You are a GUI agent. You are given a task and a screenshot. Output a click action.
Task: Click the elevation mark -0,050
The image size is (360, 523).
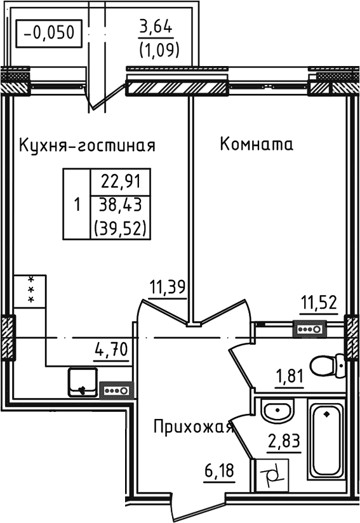click(x=49, y=30)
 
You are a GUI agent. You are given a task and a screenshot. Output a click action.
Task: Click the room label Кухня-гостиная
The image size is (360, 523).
click(x=87, y=145)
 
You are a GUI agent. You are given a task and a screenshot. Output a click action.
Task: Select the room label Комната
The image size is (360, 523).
click(x=257, y=145)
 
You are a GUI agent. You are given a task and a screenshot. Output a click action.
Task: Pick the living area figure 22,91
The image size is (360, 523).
click(x=121, y=184)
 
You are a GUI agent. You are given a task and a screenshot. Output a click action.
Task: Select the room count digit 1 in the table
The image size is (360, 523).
click(x=77, y=205)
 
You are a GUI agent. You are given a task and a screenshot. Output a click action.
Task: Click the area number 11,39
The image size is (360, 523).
click(x=167, y=288)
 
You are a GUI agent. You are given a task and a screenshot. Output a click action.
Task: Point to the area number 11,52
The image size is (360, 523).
click(x=317, y=302)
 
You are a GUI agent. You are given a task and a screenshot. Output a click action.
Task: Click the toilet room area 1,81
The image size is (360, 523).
click(x=288, y=378)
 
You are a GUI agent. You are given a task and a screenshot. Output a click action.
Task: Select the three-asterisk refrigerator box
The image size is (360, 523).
click(x=29, y=290)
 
